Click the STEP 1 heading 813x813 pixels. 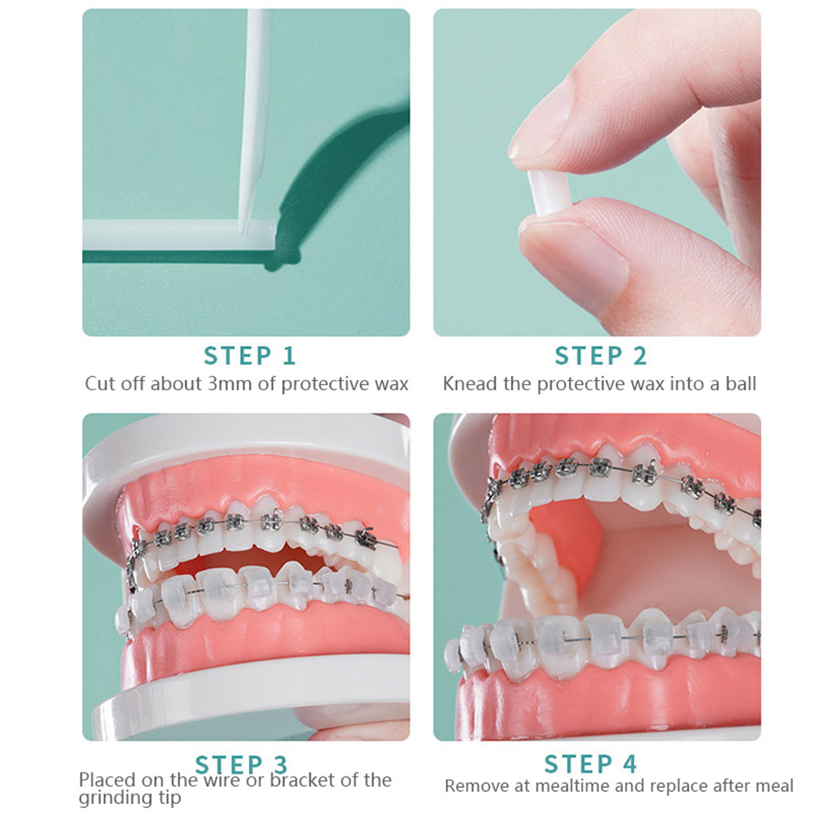pyautogui.click(x=249, y=356)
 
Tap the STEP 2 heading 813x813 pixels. pyautogui.click(x=601, y=356)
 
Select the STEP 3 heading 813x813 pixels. pyautogui.click(x=241, y=765)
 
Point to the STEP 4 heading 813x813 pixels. pyautogui.click(x=590, y=764)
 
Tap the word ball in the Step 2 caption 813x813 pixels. pyautogui.click(x=741, y=384)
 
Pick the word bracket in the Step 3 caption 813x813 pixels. pyautogui.click(x=303, y=781)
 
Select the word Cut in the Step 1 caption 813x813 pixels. pyautogui.click(x=100, y=384)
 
